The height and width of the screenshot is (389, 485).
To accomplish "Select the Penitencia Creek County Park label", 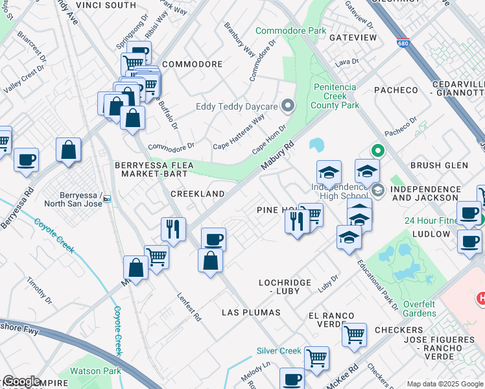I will coord(335,96).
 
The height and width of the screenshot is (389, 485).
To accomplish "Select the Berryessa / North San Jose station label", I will coord(73,198).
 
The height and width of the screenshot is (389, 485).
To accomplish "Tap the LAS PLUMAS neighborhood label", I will coord(251,312).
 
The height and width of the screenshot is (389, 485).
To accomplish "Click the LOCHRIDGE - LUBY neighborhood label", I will coord(288,287).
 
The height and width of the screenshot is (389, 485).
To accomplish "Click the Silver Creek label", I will coord(279,351).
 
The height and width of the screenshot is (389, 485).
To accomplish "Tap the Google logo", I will coord(21,382).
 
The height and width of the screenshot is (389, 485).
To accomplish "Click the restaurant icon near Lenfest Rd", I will coord(173,228).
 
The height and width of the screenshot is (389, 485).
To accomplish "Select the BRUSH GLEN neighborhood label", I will coord(439,165).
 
